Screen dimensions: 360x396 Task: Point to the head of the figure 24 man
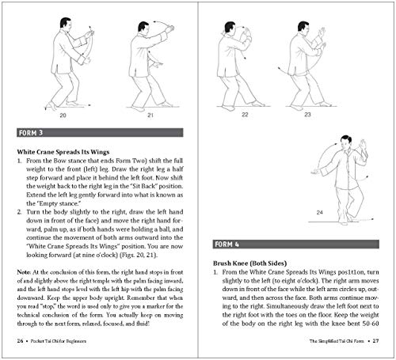pyautogui.click(x=326, y=148)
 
